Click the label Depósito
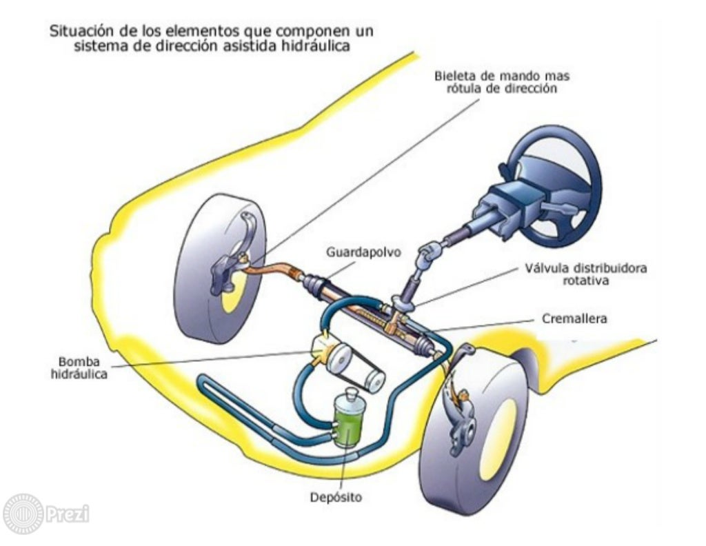coord(335,496)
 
